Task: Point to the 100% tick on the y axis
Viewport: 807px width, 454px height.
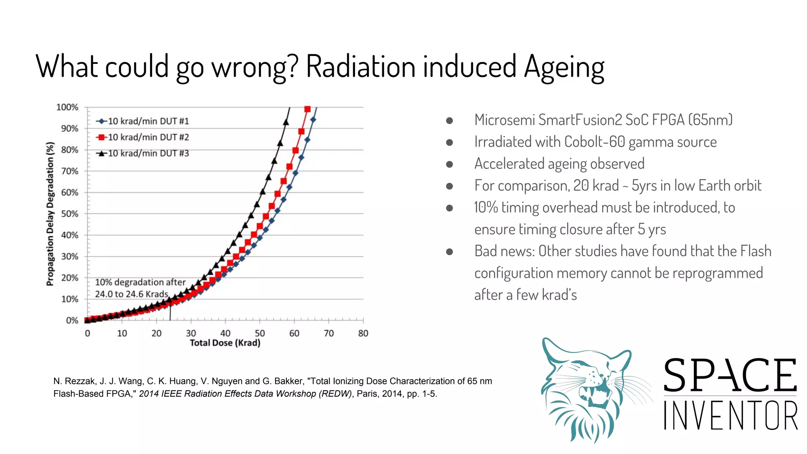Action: [x=67, y=107]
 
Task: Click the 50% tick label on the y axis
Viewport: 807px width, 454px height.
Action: [x=69, y=214]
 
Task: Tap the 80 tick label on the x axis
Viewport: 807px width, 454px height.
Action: [x=363, y=333]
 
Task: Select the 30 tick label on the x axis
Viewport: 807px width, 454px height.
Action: [x=191, y=333]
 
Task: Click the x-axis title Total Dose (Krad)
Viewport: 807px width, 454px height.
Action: [x=225, y=343]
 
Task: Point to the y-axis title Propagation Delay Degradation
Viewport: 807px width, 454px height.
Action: [x=50, y=214]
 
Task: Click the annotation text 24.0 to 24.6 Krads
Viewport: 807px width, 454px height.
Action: [x=132, y=294]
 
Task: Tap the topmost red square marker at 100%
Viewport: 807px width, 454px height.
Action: [x=307, y=109]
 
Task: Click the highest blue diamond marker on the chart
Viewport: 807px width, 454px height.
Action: [x=313, y=119]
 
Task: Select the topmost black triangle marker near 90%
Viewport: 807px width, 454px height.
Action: [x=286, y=123]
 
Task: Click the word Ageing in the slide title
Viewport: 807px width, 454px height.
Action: [x=564, y=67]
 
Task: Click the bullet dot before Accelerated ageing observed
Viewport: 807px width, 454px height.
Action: [x=449, y=164]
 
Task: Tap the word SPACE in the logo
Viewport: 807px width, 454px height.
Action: [x=730, y=375]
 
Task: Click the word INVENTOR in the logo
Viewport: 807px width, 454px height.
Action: [x=731, y=415]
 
